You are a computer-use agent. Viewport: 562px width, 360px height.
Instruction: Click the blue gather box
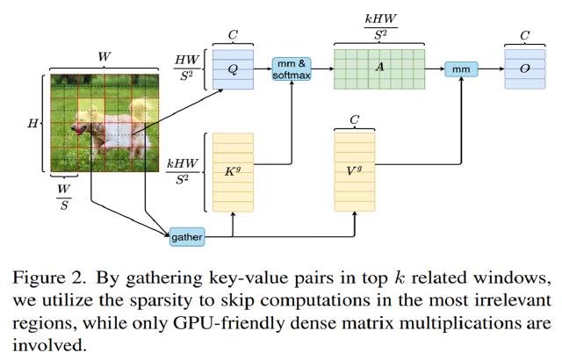click(x=185, y=235)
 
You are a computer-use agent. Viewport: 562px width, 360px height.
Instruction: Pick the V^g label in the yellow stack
click(x=354, y=170)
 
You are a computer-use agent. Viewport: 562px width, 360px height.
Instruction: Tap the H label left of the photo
click(x=32, y=125)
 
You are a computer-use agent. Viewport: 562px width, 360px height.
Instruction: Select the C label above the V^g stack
click(x=354, y=118)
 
